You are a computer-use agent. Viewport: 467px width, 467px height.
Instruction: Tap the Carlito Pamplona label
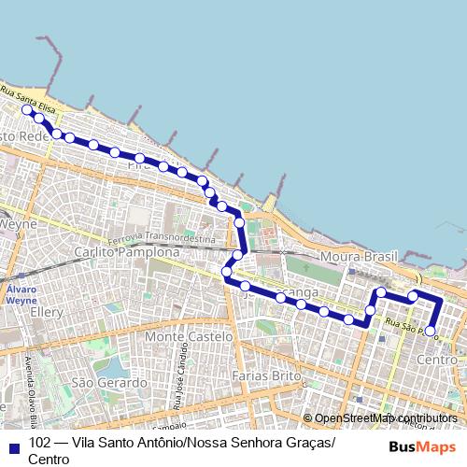click(x=126, y=252)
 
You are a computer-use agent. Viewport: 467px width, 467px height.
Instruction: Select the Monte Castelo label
click(x=189, y=336)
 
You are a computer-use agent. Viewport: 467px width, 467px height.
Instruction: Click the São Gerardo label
click(x=109, y=383)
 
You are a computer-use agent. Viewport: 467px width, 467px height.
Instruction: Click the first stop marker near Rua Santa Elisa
click(x=27, y=110)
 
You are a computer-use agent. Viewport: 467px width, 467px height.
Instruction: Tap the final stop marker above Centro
click(x=430, y=330)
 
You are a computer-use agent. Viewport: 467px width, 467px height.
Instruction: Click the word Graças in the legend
click(x=304, y=443)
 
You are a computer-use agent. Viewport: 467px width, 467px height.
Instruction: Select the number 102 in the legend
click(x=40, y=443)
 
